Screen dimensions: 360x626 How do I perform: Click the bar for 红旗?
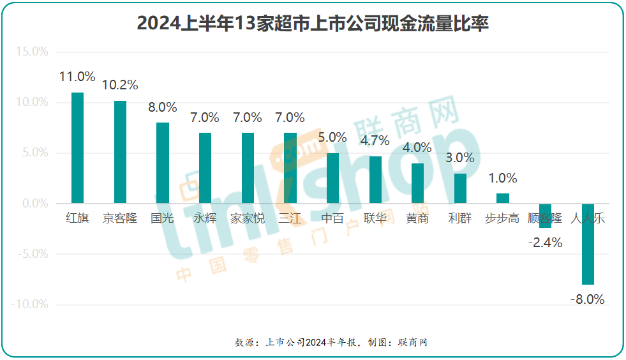[77, 148]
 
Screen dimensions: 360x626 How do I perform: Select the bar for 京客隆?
[120, 152]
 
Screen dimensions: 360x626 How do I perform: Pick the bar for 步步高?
[503, 199]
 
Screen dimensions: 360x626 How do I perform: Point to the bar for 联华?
[375, 180]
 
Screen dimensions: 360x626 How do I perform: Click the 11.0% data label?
[77, 77]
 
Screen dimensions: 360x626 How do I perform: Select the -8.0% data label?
[587, 299]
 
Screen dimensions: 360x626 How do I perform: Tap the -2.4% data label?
[545, 243]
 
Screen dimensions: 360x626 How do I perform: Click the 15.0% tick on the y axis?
[31, 52]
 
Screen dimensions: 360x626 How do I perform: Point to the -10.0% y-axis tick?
[29, 304]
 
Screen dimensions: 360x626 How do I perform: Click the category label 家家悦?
[247, 218]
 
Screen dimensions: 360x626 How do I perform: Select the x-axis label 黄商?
[417, 218]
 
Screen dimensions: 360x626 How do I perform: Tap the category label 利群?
[460, 218]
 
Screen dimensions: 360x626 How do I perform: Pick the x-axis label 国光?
[162, 218]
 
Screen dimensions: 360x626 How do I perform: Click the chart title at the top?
[313, 24]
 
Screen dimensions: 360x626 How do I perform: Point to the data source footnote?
[331, 342]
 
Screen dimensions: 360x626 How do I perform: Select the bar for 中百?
[332, 178]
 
